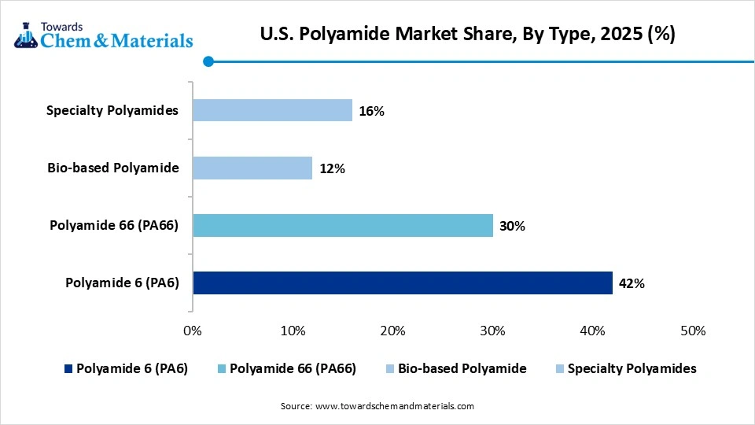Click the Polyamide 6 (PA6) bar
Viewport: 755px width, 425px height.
coord(402,283)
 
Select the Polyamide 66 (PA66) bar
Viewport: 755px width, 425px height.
coord(342,226)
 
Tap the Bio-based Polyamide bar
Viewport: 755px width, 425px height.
coord(252,168)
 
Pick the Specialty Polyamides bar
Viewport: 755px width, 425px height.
coord(272,110)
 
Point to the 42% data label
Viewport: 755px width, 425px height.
coord(632,283)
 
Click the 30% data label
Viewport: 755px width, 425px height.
coord(512,227)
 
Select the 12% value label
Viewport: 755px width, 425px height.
coord(332,168)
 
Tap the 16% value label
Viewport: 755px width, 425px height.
coord(371,111)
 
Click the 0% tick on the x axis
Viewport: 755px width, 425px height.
coord(193,331)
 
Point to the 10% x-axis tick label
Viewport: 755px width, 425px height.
coord(293,331)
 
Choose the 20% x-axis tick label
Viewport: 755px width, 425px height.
coord(392,331)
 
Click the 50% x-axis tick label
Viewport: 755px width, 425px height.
coord(693,331)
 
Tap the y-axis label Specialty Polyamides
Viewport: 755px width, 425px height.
coord(112,110)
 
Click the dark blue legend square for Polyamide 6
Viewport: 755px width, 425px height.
coord(68,368)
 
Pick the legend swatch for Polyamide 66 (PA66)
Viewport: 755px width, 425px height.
coord(221,368)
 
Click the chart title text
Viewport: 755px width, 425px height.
coord(467,35)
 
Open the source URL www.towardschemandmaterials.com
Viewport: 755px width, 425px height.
coord(394,406)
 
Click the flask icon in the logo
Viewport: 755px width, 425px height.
coord(25,34)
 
